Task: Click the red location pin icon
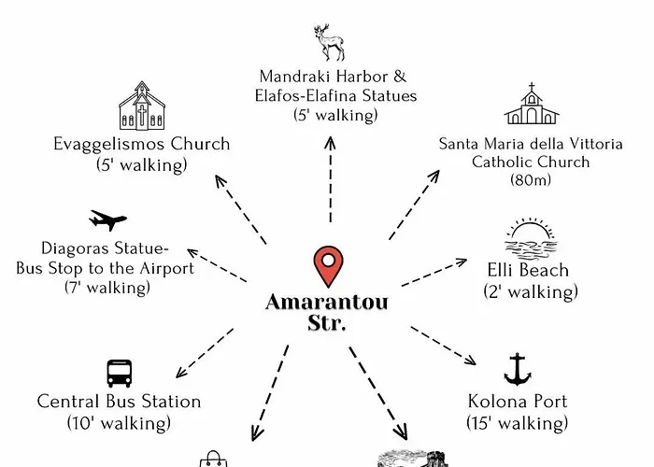click(x=327, y=267)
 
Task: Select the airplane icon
click(x=107, y=220)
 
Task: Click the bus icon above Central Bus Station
click(x=119, y=373)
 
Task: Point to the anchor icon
click(x=517, y=370)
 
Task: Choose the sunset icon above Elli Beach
click(x=530, y=239)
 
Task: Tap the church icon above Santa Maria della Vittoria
click(x=531, y=105)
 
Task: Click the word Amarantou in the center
click(x=326, y=303)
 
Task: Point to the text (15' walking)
click(x=518, y=423)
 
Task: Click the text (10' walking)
click(x=119, y=423)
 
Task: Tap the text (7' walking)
click(x=107, y=288)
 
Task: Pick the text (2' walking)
click(x=530, y=292)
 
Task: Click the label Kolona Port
click(x=518, y=403)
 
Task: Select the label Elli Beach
click(x=530, y=271)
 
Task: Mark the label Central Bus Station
click(x=119, y=402)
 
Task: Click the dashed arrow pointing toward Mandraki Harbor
click(x=329, y=177)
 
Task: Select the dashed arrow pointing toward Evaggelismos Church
click(x=240, y=208)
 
